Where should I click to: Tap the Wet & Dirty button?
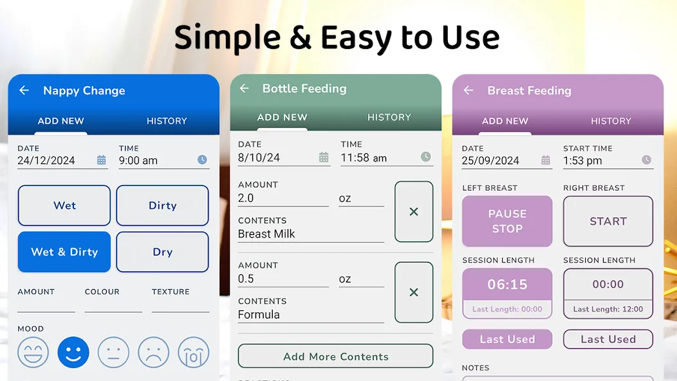(64, 252)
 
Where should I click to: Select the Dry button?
(162, 252)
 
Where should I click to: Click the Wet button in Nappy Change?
(64, 205)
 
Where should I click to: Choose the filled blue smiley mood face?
(73, 353)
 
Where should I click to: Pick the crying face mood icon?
(194, 353)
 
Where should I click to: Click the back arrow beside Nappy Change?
(24, 90)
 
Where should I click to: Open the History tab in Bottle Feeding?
(389, 118)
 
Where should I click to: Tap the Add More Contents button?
(335, 356)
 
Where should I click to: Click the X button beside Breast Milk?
(414, 212)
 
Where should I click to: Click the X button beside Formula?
(414, 292)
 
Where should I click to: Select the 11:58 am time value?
(364, 158)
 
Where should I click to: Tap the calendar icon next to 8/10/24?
(324, 157)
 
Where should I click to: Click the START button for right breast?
(608, 221)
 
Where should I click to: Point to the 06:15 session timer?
(507, 284)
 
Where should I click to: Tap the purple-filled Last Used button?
(507, 339)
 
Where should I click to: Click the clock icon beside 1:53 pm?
(646, 160)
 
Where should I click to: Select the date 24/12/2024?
(46, 161)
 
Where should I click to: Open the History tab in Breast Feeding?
(611, 121)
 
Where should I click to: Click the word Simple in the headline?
(228, 38)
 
